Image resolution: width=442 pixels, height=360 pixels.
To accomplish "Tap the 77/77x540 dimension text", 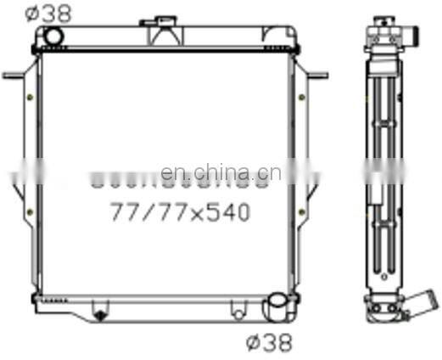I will click(180, 212).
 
